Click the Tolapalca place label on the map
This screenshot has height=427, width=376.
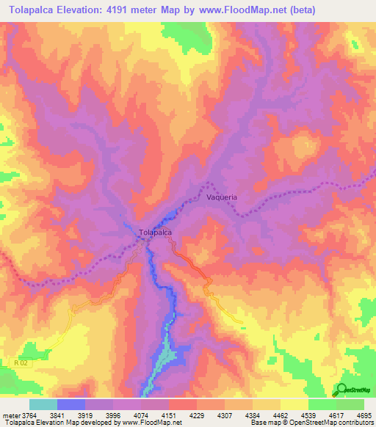tap(156, 233)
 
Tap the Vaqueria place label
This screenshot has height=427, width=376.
tap(222, 197)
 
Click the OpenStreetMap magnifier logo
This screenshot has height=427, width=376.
tap(341, 390)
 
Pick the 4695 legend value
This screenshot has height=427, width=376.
tap(363, 415)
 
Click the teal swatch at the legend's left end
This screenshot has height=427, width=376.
tap(43, 404)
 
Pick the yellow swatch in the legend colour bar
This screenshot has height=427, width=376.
tap(294, 404)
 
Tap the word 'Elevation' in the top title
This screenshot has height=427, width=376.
tap(90, 9)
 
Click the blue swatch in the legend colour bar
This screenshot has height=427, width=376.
tap(71, 404)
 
